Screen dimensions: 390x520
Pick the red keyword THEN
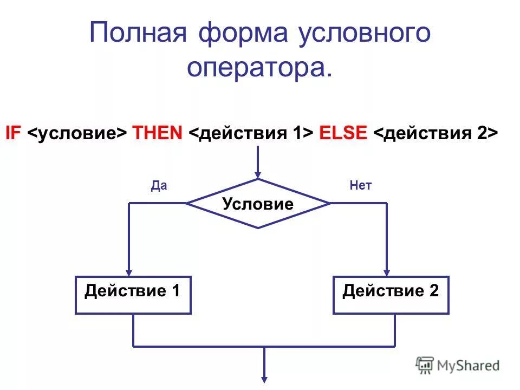[158, 133]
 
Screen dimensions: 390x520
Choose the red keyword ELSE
[343, 133]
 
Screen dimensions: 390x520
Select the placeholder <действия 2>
[435, 133]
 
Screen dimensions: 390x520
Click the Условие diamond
[258, 204]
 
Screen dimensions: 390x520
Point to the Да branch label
[159, 186]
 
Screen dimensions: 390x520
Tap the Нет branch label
[361, 186]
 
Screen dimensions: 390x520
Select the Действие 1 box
[133, 295]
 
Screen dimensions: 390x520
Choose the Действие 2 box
[391, 295]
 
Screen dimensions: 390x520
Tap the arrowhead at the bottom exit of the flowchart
[264, 378]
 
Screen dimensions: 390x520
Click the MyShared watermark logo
[458, 365]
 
